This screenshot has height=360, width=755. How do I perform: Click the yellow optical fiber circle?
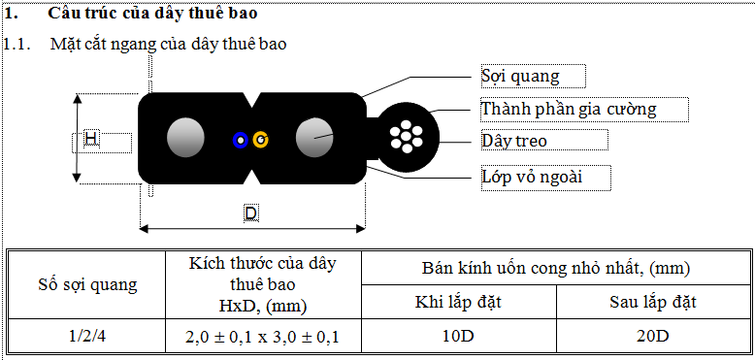coord(260,140)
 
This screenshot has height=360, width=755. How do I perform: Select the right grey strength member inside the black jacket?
coord(313,139)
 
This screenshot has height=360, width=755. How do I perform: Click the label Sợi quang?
coord(520,76)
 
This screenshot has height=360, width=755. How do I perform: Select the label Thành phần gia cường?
coord(569,109)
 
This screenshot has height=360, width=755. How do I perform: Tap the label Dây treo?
coord(514,141)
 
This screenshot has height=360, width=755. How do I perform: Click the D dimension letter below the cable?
coord(250,213)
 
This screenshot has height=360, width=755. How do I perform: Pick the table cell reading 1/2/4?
coord(87,337)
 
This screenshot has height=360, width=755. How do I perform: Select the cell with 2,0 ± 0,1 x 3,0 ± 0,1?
coord(264,337)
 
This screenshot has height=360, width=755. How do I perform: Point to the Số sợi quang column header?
coord(87,284)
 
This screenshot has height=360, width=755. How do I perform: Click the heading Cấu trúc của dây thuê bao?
coord(152,16)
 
